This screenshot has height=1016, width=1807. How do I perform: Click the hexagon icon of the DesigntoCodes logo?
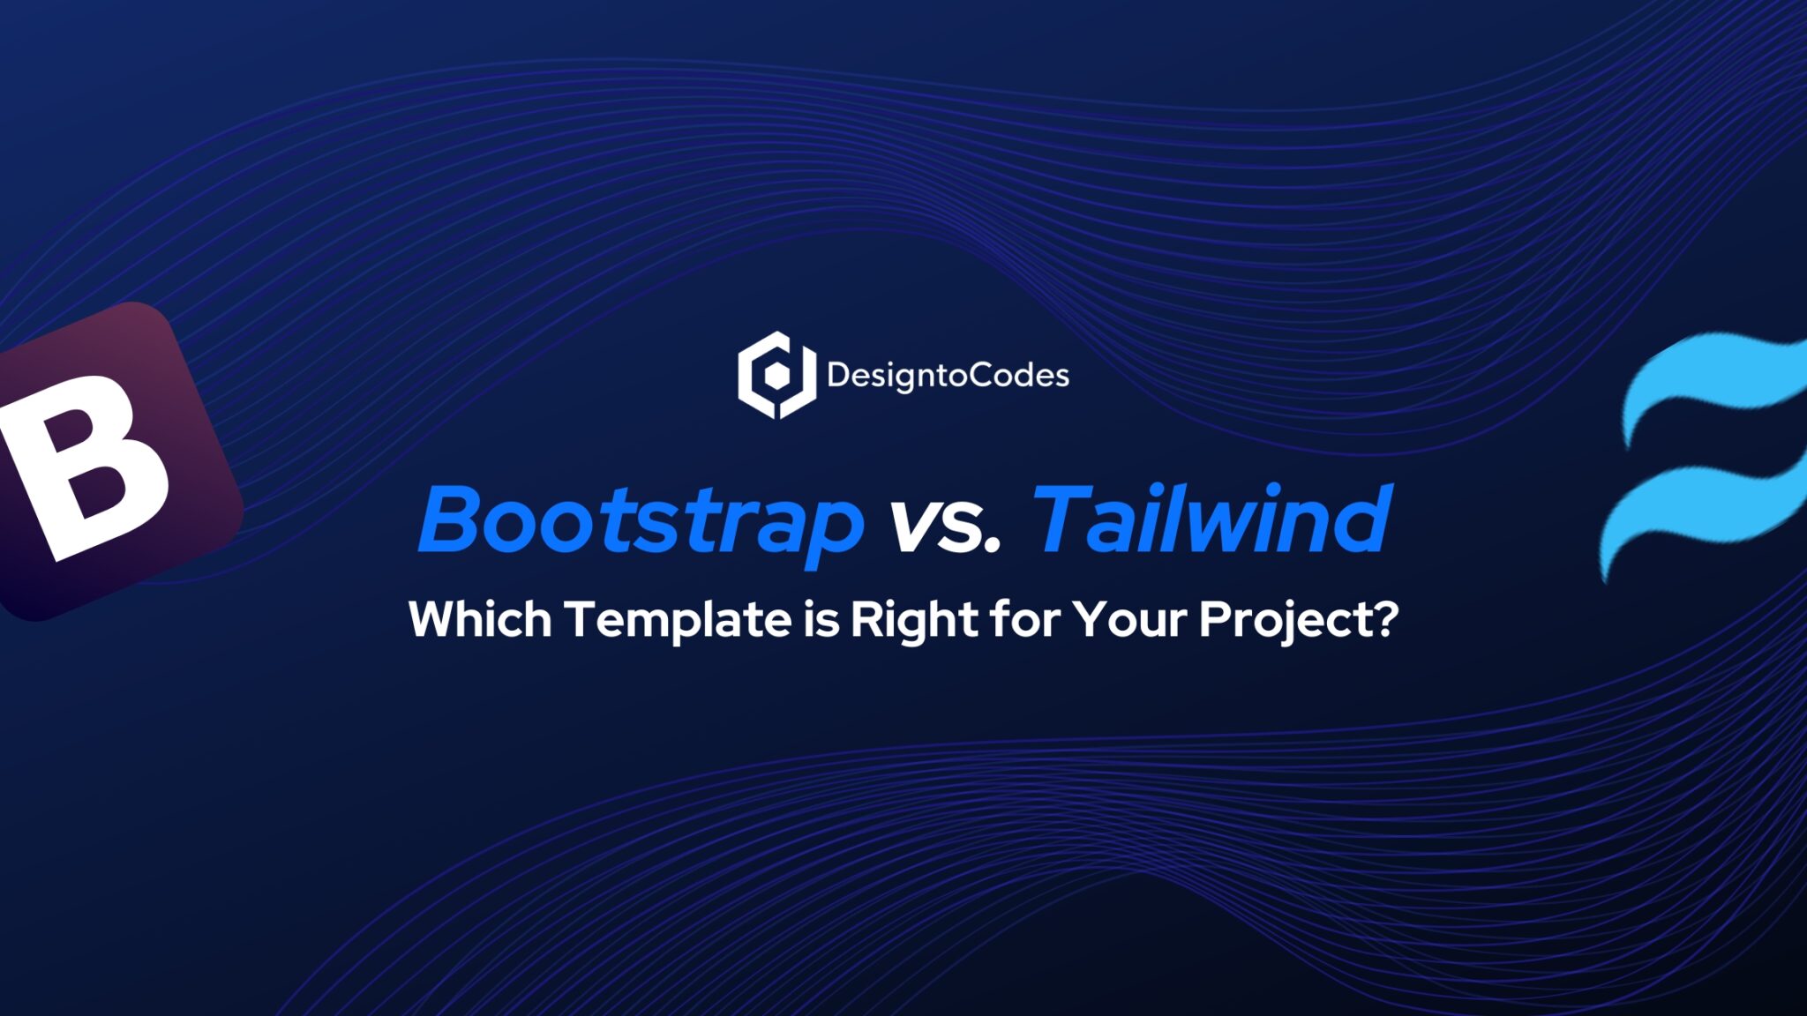pyautogui.click(x=776, y=375)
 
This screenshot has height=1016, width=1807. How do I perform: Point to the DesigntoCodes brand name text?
pyautogui.click(x=948, y=376)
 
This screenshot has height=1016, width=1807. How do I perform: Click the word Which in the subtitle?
pyautogui.click(x=480, y=619)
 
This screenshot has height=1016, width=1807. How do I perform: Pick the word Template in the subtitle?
pyautogui.click(x=678, y=619)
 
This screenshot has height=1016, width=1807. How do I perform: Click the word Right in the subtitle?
pyautogui.click(x=913, y=619)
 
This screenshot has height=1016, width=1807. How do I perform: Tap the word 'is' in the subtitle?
pyautogui.click(x=821, y=619)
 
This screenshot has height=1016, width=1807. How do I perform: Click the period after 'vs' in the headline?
pyautogui.click(x=993, y=547)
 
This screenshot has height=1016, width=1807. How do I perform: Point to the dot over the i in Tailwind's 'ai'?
pyautogui.click(x=1164, y=490)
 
